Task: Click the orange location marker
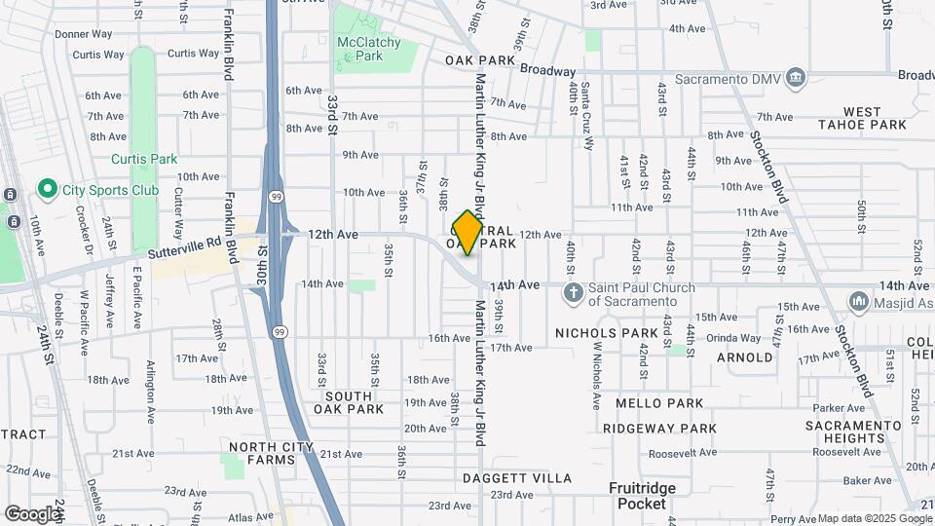(467, 233)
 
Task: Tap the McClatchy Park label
(359, 50)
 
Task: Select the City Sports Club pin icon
(46, 187)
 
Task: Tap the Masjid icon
(859, 302)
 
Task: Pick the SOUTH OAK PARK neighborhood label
(349, 402)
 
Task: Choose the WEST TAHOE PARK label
(861, 118)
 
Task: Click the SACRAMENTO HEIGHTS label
(854, 432)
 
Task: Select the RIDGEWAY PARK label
(659, 429)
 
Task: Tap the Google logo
(32, 513)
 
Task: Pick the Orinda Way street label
(733, 338)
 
